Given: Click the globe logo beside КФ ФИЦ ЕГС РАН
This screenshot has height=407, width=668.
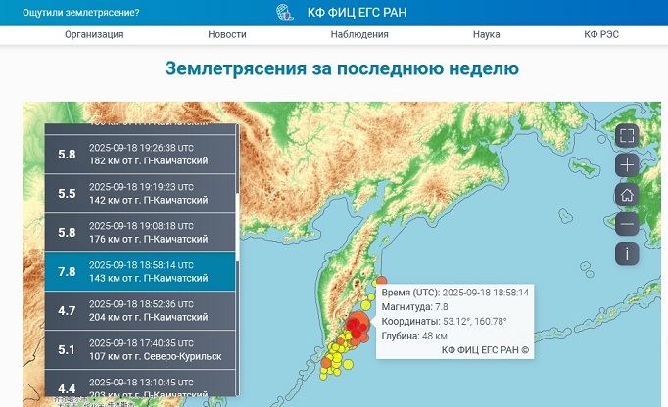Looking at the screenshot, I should [x=285, y=13].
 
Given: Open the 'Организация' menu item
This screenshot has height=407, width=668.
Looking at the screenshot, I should [x=94, y=34].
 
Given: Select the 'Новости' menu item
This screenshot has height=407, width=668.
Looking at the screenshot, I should [x=227, y=34].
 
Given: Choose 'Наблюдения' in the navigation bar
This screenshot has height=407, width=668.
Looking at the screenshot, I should [x=359, y=34].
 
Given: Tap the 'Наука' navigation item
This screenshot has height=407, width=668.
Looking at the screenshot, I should [x=486, y=34].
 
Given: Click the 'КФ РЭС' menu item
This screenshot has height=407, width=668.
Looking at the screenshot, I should [x=601, y=34].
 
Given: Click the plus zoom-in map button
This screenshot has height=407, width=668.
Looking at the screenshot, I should [x=628, y=164].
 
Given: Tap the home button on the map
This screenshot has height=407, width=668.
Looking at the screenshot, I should [x=628, y=195].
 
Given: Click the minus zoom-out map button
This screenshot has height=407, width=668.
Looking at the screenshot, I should [x=628, y=224].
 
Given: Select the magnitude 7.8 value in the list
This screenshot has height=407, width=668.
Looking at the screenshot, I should [x=67, y=272].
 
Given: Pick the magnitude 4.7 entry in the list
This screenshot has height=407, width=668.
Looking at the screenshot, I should [x=67, y=311].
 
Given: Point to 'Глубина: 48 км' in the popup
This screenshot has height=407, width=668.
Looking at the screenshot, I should [x=414, y=336].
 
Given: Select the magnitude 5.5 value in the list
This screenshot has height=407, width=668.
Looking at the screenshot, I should [x=67, y=194].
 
